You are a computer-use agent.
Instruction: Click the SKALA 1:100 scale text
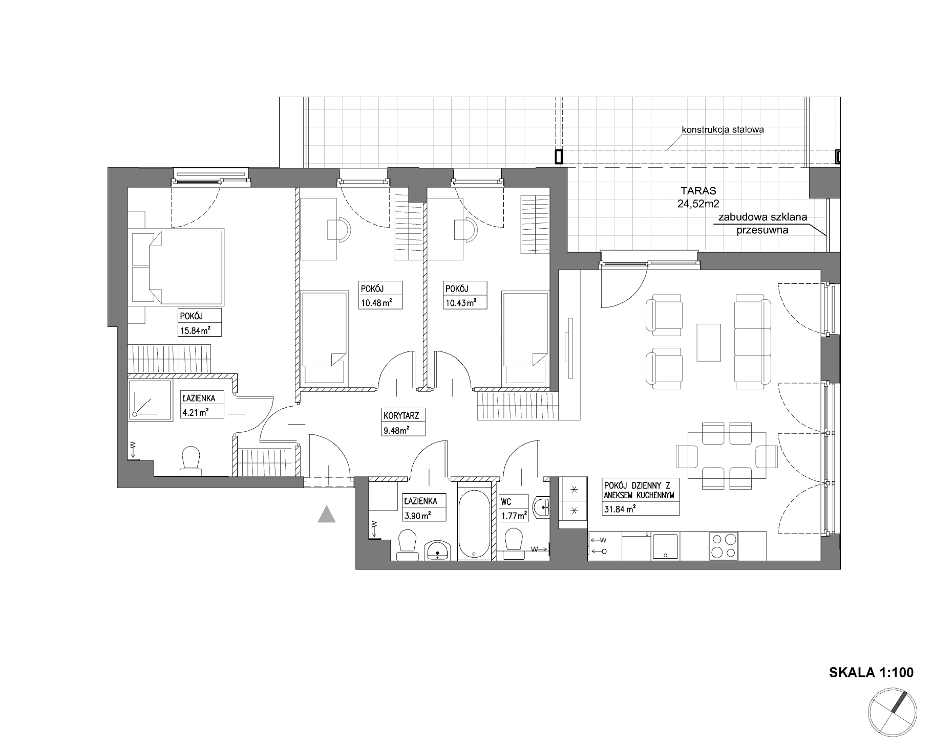871,672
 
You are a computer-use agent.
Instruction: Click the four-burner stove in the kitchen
724,546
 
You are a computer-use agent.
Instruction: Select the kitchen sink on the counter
665,546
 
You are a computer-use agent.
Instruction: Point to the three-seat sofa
752,341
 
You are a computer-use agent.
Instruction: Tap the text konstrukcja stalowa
723,129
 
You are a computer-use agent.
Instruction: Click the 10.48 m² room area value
373,302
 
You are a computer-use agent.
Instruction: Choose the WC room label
506,502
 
